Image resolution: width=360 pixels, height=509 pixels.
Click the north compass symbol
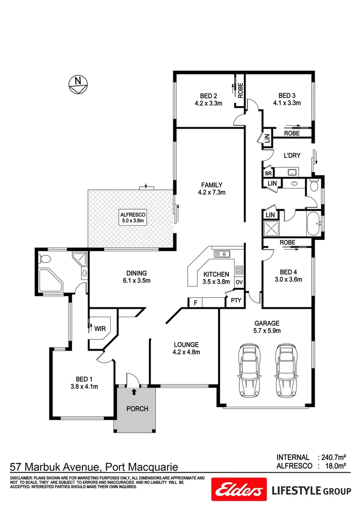tap(77, 83)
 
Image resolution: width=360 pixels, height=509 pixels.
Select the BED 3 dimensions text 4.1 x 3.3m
tap(286, 103)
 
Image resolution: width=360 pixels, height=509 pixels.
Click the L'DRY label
tap(292, 156)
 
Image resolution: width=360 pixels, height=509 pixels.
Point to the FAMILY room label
tap(211, 185)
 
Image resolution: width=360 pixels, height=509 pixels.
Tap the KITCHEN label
tap(216, 274)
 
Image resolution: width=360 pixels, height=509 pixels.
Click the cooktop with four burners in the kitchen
tap(239, 271)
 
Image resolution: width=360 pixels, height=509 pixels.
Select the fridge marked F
tap(196, 303)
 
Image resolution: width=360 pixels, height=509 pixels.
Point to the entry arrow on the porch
tap(134, 391)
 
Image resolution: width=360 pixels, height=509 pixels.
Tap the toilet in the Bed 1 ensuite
tap(43, 259)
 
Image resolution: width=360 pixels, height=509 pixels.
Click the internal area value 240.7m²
tap(333, 457)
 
